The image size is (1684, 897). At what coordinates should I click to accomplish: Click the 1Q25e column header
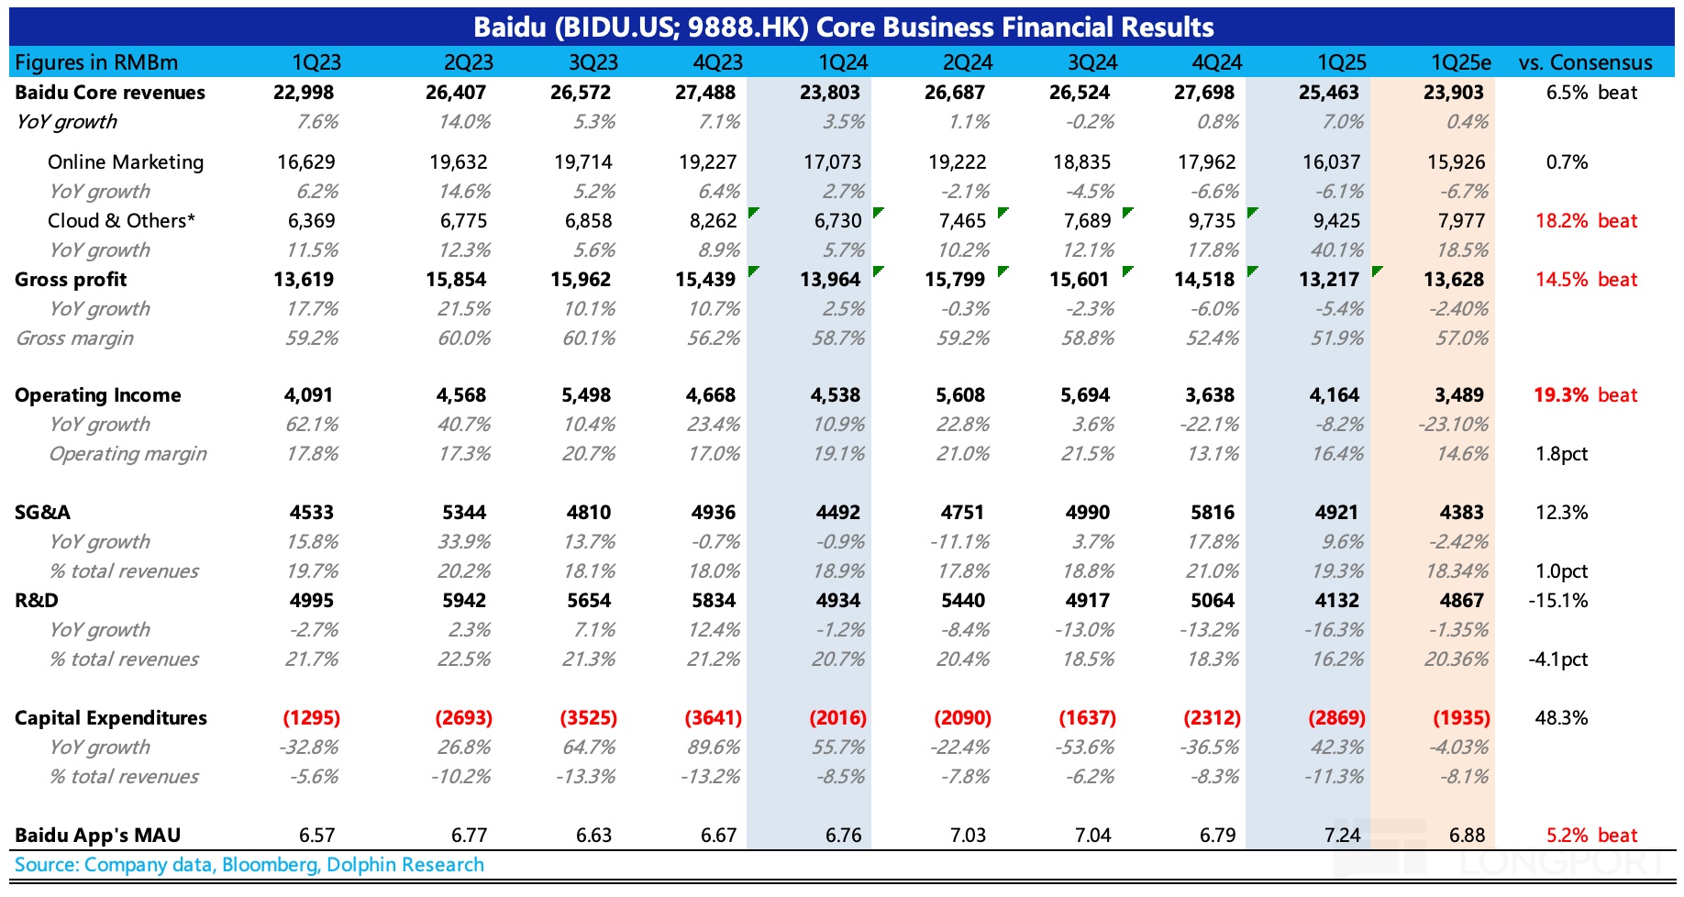pyautogui.click(x=1460, y=62)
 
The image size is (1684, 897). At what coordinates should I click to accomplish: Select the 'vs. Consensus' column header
pyautogui.click(x=1585, y=62)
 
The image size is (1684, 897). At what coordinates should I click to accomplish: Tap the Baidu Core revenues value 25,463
pyautogui.click(x=1330, y=93)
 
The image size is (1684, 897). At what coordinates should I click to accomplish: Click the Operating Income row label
pyautogui.click(x=98, y=395)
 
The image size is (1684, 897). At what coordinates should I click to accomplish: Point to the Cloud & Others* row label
pyautogui.click(x=121, y=221)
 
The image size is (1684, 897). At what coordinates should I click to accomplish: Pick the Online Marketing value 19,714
pyautogui.click(x=582, y=162)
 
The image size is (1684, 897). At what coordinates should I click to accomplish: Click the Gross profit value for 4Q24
pyautogui.click(x=1204, y=280)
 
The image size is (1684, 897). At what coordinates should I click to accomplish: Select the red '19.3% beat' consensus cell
pyautogui.click(x=1585, y=395)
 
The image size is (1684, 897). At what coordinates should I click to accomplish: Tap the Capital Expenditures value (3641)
pyautogui.click(x=713, y=718)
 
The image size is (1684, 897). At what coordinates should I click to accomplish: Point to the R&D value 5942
pyautogui.click(x=463, y=601)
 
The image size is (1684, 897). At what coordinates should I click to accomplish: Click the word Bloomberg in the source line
pyautogui.click(x=271, y=865)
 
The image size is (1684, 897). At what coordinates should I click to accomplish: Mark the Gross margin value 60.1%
pyautogui.click(x=589, y=338)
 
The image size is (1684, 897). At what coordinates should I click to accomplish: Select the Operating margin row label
pyautogui.click(x=127, y=454)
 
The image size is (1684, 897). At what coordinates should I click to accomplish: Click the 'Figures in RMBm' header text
pyautogui.click(x=96, y=62)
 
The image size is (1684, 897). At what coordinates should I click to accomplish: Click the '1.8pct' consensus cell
pyautogui.click(x=1561, y=454)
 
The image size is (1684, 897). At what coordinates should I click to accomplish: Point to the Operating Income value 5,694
pyautogui.click(x=1085, y=395)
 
